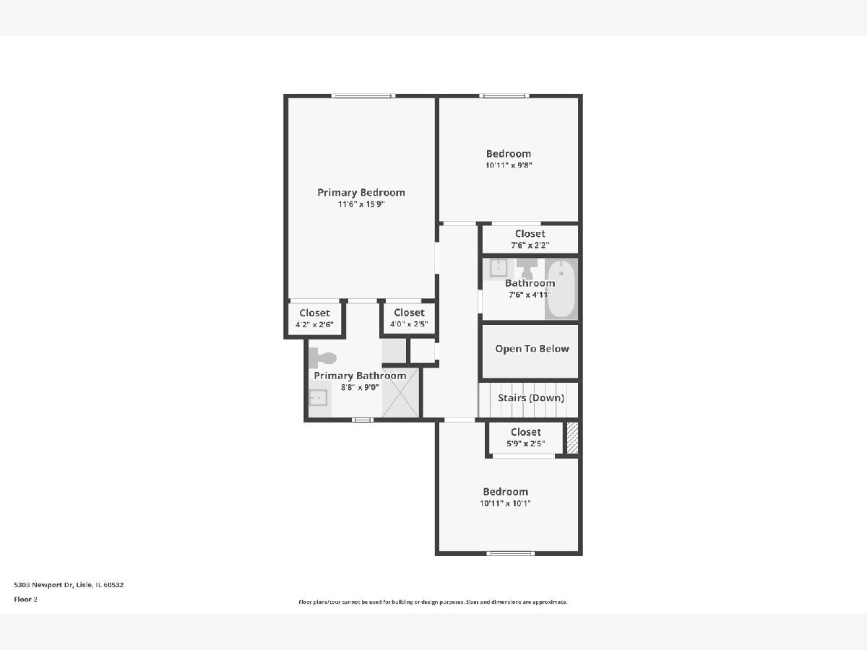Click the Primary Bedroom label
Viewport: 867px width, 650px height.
[361, 193]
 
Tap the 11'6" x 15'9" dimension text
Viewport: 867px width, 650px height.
[361, 204]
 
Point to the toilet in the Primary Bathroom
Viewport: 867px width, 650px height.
[323, 358]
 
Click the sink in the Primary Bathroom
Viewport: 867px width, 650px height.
[319, 397]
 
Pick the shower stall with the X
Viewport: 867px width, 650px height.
[400, 393]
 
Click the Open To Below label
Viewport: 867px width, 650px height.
[532, 349]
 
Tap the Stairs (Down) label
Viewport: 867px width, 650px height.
[531, 398]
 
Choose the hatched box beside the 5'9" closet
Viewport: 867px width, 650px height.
[572, 438]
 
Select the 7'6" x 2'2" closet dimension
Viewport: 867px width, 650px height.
[530, 245]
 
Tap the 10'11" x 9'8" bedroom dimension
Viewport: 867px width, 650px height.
[509, 165]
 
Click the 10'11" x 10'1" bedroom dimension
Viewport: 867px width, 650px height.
[506, 503]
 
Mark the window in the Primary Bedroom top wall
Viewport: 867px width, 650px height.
[363, 95]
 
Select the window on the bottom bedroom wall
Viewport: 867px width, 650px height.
[510, 553]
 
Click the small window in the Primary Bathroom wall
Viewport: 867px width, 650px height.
[363, 420]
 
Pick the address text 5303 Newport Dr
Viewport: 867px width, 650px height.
[43, 584]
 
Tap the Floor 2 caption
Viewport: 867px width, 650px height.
[26, 599]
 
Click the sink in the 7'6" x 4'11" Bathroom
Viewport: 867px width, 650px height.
[499, 268]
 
